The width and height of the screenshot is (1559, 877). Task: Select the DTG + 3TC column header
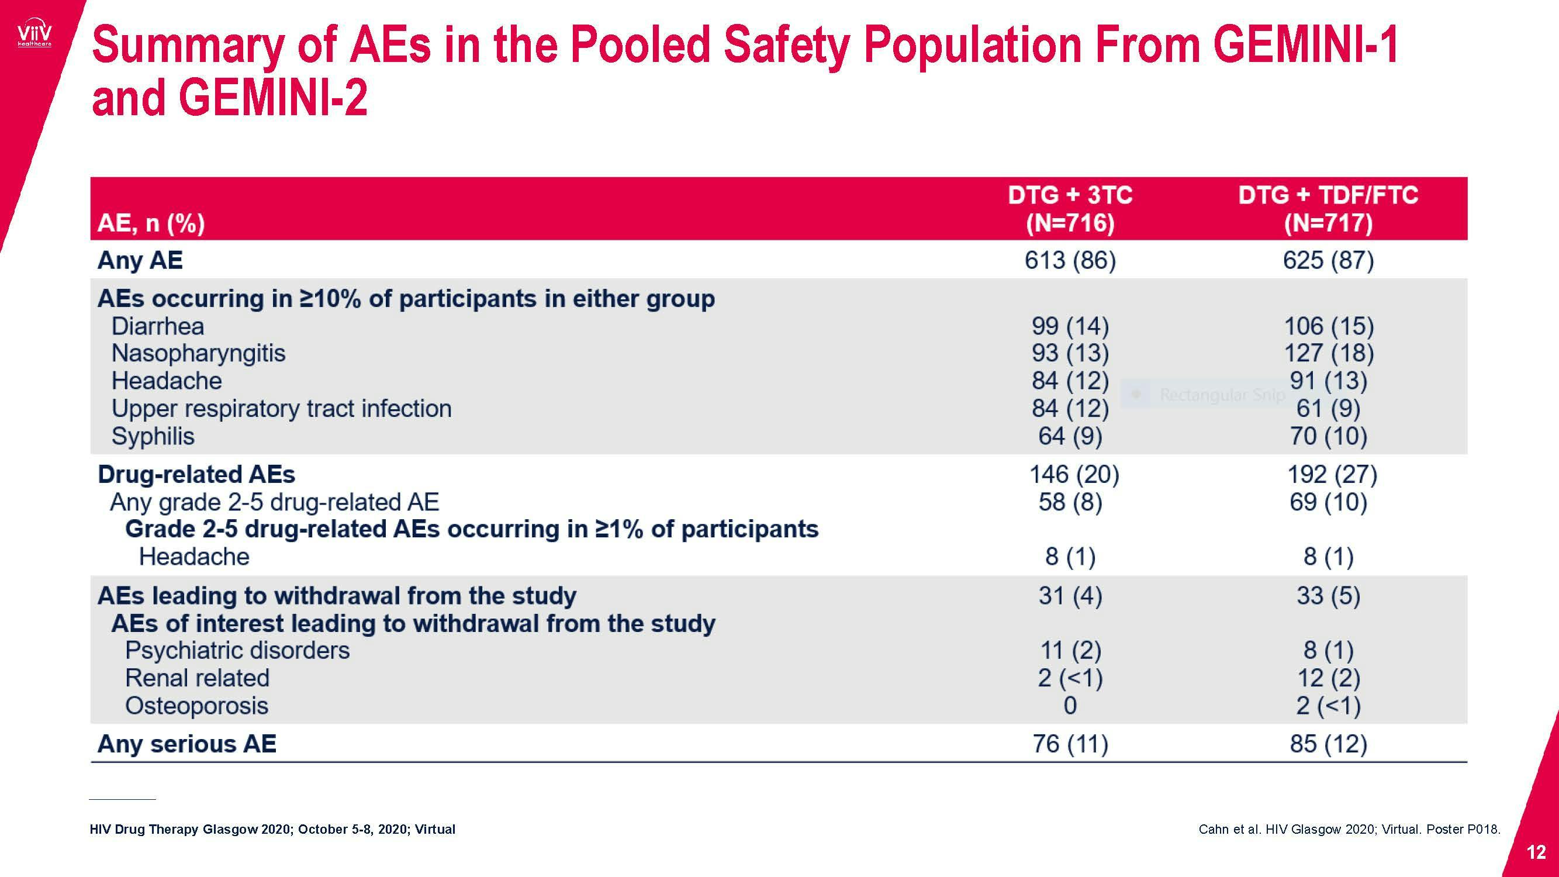click(1069, 208)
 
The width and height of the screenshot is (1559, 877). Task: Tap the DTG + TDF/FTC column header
click(1328, 208)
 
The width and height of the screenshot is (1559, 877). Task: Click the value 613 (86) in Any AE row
click(1069, 260)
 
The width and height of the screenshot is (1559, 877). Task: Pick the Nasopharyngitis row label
click(198, 353)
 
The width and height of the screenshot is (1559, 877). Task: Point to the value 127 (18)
click(1329, 353)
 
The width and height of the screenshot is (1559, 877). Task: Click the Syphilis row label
click(153, 436)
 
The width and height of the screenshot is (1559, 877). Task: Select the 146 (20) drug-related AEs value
click(1074, 475)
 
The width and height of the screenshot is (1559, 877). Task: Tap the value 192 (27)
click(1332, 475)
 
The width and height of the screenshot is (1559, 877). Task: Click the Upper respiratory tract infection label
click(281, 409)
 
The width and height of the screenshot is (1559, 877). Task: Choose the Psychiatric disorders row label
click(237, 650)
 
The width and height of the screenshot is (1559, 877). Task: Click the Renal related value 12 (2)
click(1329, 678)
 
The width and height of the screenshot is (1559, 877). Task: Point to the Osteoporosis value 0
click(1069, 706)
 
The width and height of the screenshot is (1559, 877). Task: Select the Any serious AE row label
click(186, 744)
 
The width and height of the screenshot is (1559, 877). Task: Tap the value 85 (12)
click(1329, 744)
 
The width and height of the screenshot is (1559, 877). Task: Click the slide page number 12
click(1536, 852)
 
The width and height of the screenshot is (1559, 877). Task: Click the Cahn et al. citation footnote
click(1349, 829)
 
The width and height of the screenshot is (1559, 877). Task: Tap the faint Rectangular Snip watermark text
click(1221, 395)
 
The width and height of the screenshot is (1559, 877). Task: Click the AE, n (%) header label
click(151, 223)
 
